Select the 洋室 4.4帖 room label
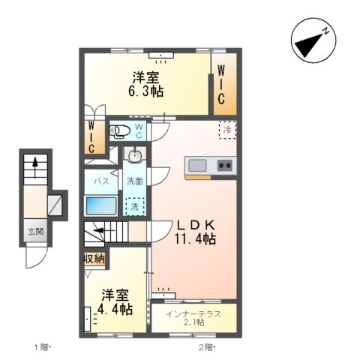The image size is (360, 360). (x=116, y=301)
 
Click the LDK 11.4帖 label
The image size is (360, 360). (x=196, y=232)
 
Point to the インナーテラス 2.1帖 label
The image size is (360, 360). (x=193, y=317)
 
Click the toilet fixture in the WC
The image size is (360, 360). (x=120, y=132)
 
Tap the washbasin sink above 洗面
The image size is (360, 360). (x=136, y=156)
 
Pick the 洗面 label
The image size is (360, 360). (x=135, y=181)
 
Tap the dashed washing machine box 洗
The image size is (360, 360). (x=134, y=205)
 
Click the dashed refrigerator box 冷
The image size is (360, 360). (x=227, y=129)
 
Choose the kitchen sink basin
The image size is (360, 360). (x=198, y=165)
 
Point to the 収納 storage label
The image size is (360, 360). (x=94, y=259)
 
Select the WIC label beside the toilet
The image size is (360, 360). (x=91, y=137)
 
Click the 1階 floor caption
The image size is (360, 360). (x=40, y=347)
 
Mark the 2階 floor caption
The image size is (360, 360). (x=207, y=347)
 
